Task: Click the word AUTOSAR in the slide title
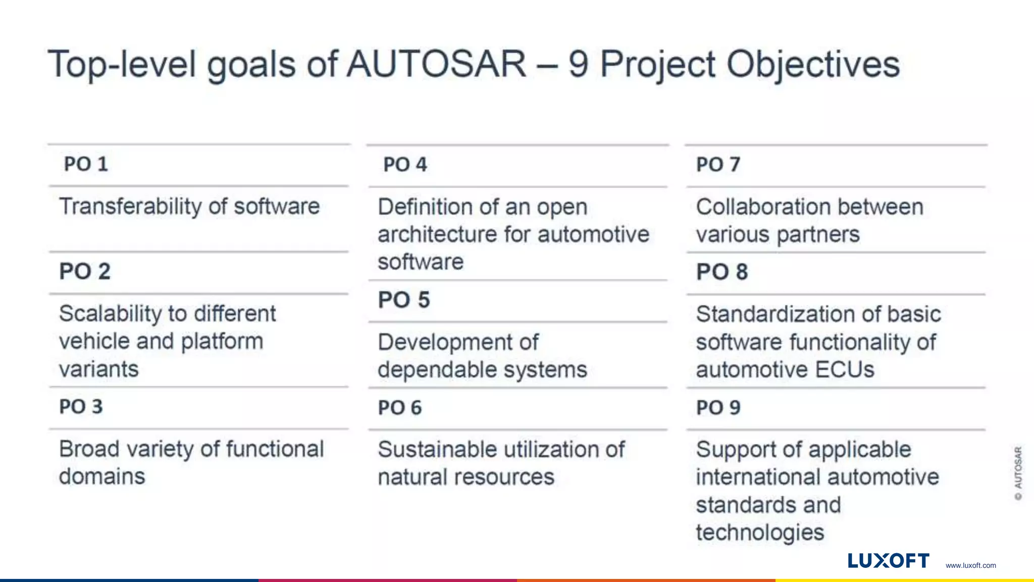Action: click(x=437, y=64)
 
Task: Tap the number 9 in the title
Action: click(x=578, y=64)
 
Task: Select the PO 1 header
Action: click(x=86, y=164)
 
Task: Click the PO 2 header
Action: click(x=85, y=271)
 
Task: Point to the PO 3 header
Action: click(x=81, y=407)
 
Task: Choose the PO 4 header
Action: click(x=405, y=165)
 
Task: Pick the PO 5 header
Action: click(x=404, y=300)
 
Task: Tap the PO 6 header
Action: click(x=400, y=408)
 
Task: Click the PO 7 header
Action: click(x=718, y=165)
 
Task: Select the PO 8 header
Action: click(x=722, y=272)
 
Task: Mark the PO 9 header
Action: click(x=718, y=408)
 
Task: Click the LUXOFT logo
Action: click(x=888, y=561)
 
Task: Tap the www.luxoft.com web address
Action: click(x=970, y=565)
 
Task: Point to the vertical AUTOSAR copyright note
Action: click(x=1018, y=473)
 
